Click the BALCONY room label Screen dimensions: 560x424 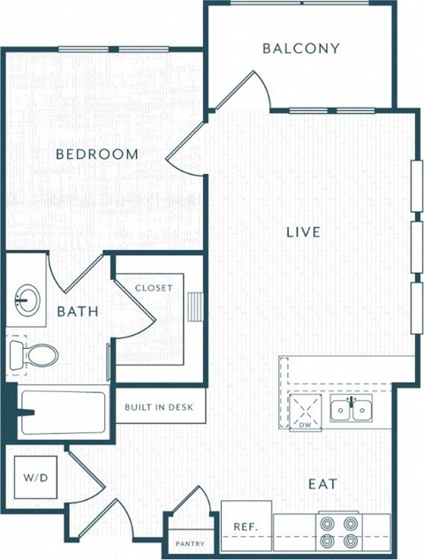click(300, 49)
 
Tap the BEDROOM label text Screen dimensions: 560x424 click(97, 155)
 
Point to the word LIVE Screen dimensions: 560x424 click(302, 232)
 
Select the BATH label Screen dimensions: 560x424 click(77, 311)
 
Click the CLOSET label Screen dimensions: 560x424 click(153, 288)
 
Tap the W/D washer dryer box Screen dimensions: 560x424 click(35, 478)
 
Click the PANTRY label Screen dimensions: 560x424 click(191, 544)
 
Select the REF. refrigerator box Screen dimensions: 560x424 click(245, 526)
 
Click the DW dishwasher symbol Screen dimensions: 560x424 click(306, 413)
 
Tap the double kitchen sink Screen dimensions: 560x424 click(351, 409)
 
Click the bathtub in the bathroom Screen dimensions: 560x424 click(62, 412)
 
